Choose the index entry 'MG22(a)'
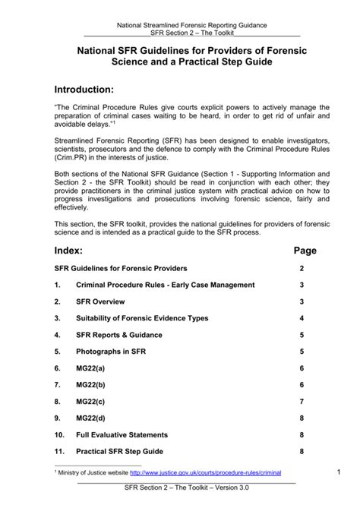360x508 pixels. pyautogui.click(x=90, y=368)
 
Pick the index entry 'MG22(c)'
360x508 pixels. pyautogui.click(x=90, y=401)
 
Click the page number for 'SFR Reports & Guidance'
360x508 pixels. pyautogui.click(x=302, y=335)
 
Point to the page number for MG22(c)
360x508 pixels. pyautogui.click(x=302, y=401)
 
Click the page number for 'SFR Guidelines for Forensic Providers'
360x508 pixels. pyautogui.click(x=302, y=269)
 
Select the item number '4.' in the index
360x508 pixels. pyautogui.click(x=58, y=335)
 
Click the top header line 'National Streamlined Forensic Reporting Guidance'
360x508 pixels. pyautogui.click(x=191, y=26)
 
